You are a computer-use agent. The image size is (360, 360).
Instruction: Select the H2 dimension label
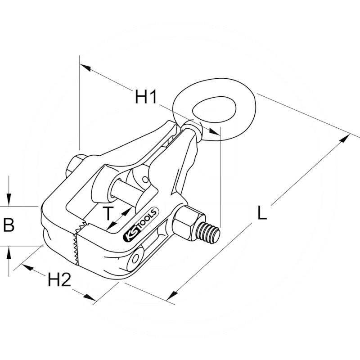(60, 280)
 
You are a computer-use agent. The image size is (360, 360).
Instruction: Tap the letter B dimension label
(9, 225)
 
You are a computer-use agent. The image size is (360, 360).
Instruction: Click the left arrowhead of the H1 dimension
(85, 67)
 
